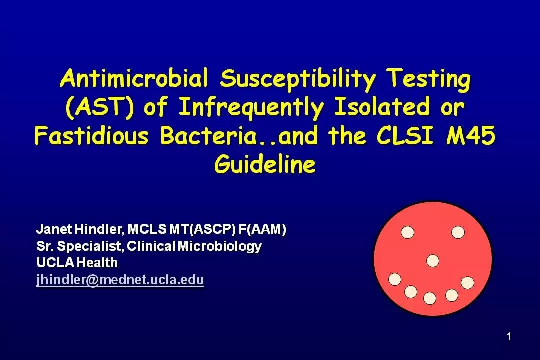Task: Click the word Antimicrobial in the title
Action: point(134,78)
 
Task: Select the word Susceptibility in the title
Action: point(298,79)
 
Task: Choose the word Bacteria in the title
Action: point(208,135)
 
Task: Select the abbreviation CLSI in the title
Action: point(404,135)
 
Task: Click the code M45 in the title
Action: point(471,135)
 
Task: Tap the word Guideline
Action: point(265,164)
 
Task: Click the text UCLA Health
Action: point(77,263)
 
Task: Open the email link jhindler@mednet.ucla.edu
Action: point(120,280)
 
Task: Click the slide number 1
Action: point(509,336)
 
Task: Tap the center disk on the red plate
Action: point(433,261)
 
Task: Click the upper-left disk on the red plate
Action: point(408,232)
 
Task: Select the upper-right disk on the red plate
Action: point(458,232)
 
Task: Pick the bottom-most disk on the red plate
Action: point(430,298)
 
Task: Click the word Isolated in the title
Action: point(382,107)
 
